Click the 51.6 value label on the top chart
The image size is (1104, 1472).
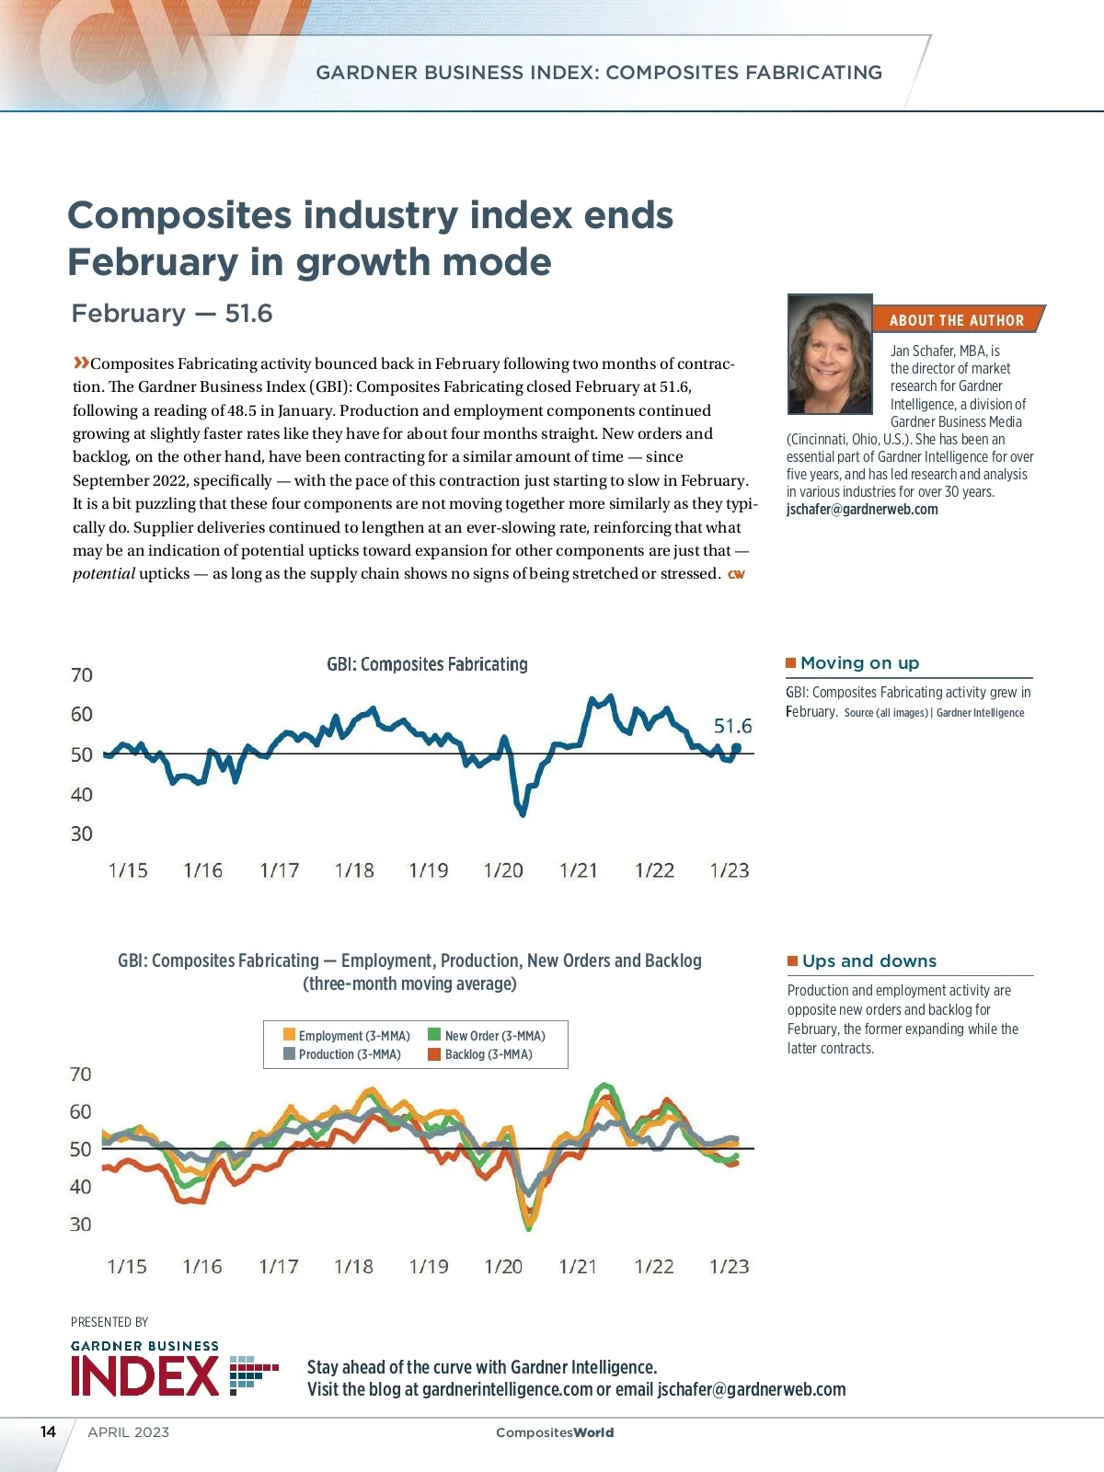click(x=732, y=726)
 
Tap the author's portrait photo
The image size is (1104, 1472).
click(x=830, y=354)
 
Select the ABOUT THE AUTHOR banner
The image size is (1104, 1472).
click(x=956, y=319)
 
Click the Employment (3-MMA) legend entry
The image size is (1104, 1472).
click(x=347, y=1036)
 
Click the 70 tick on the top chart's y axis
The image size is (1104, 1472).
click(x=82, y=675)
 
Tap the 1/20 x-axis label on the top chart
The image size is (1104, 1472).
click(x=503, y=870)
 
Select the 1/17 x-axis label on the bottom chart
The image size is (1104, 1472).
click(x=279, y=1267)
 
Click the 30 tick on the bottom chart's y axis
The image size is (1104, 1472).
click(x=81, y=1225)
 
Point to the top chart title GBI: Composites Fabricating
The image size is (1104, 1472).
click(x=427, y=664)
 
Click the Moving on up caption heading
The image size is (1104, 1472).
click(x=859, y=663)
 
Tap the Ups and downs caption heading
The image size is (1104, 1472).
click(x=868, y=961)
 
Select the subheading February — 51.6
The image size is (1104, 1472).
click(x=172, y=314)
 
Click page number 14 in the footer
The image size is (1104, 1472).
click(x=48, y=1432)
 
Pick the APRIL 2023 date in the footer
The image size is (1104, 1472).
click(x=129, y=1432)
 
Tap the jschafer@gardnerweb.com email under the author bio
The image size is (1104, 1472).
click(x=862, y=510)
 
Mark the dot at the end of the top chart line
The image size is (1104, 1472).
click(x=736, y=748)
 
